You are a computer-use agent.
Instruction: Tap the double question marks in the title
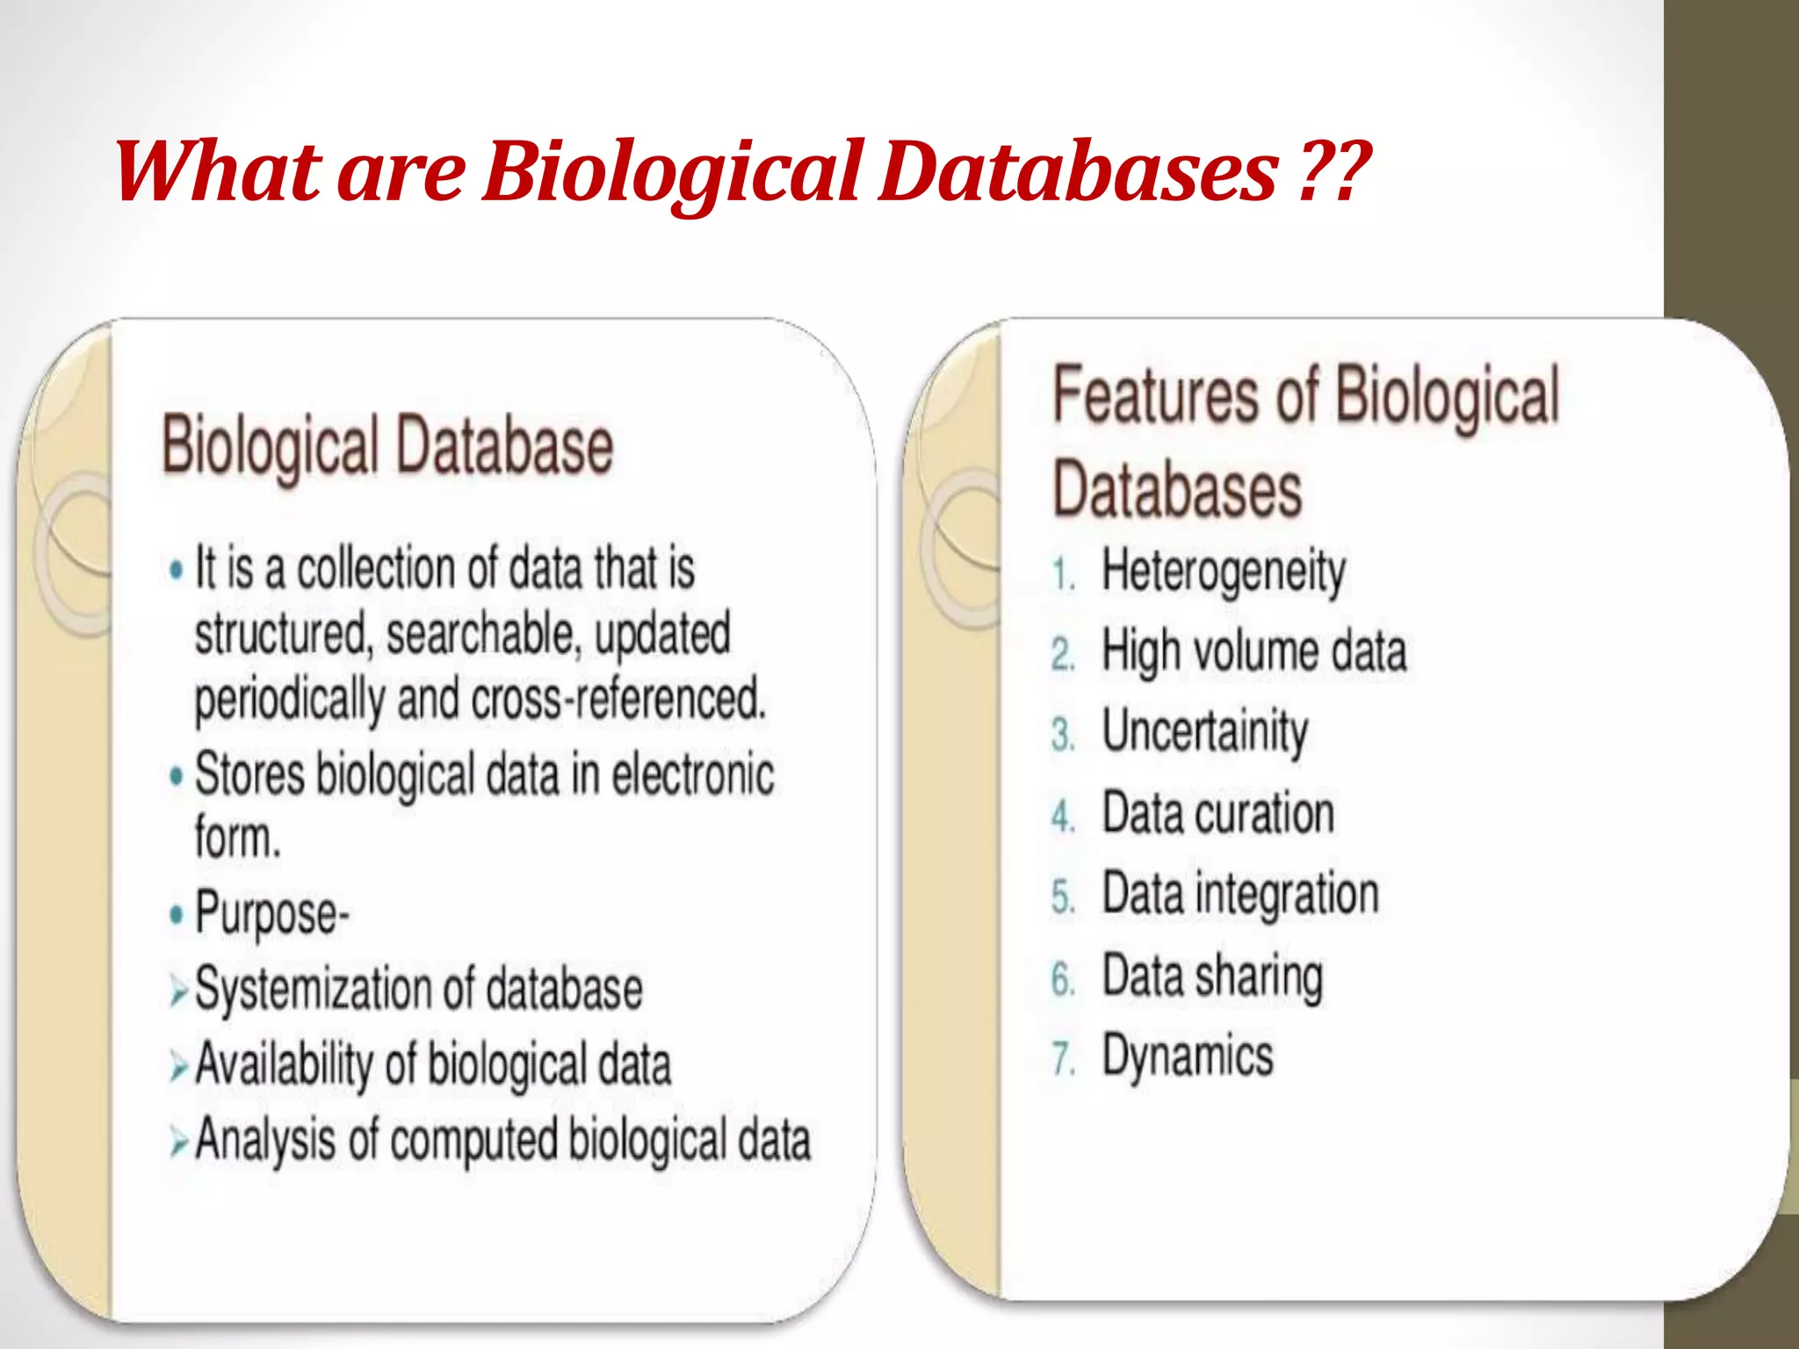1332,170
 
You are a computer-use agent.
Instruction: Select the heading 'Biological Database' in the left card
387,447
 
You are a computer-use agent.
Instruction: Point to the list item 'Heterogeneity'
1223,573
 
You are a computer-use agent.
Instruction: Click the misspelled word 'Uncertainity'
1204,732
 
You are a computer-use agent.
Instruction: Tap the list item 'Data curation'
1217,813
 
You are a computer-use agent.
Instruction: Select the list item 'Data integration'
1239,894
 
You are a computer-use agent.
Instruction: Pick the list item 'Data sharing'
1212,976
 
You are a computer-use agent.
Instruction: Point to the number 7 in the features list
1063,1058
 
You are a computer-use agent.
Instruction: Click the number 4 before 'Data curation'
1063,816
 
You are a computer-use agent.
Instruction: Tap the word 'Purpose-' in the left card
271,913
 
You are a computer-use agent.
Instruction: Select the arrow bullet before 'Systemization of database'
179,992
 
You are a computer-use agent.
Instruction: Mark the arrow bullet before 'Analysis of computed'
179,1143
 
